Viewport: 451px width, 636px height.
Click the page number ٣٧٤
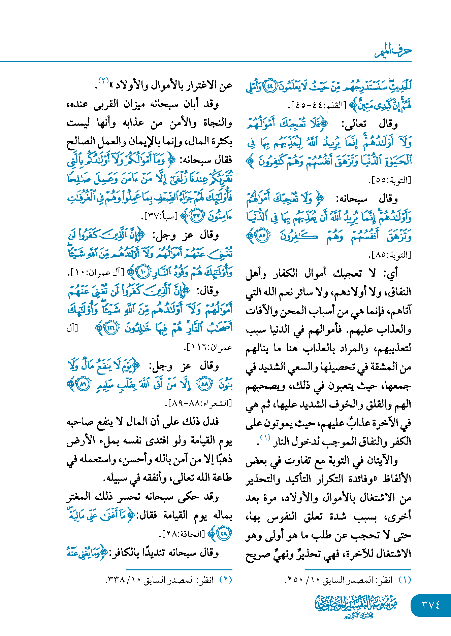pyautogui.click(x=431, y=605)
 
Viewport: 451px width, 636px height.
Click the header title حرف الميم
pyautogui.click(x=393, y=51)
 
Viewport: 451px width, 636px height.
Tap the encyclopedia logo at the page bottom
pyautogui.click(x=356, y=606)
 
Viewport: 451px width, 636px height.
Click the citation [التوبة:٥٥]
pyautogui.click(x=390, y=180)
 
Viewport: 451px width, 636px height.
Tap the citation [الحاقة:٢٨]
pyautogui.click(x=182, y=534)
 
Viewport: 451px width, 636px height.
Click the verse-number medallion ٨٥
pyautogui.click(x=263, y=236)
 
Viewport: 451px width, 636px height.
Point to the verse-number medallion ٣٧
pyautogui.click(x=196, y=216)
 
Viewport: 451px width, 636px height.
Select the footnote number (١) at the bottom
pyautogui.click(x=405, y=580)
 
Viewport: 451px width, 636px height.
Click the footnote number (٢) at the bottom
pyautogui.click(x=225, y=580)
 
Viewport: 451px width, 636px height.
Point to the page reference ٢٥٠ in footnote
pyautogui.click(x=296, y=580)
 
